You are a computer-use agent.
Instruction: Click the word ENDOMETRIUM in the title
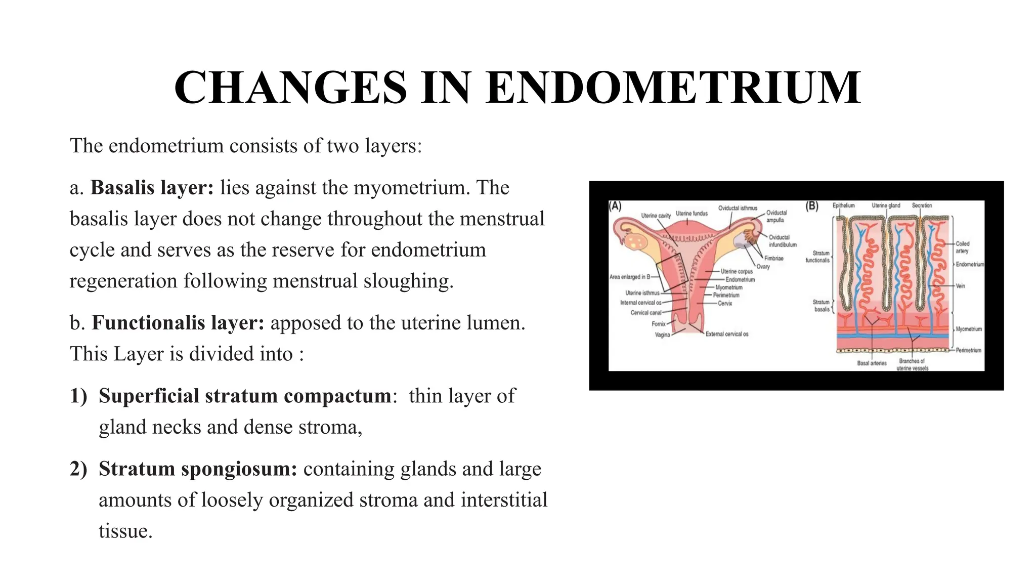[673, 88]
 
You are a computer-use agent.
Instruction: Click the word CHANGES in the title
[290, 88]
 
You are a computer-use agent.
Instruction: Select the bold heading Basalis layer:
[152, 188]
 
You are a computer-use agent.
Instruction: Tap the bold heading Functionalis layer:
[178, 323]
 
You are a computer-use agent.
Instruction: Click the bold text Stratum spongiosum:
[198, 469]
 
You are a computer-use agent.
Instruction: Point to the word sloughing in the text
[409, 281]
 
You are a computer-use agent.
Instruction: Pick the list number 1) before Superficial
[78, 396]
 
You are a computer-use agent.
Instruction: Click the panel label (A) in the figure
[615, 206]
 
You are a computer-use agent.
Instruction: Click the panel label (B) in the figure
[811, 206]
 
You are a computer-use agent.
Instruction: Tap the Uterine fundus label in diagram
[692, 214]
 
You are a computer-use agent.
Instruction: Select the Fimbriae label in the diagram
[773, 259]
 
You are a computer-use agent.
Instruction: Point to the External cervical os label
[726, 334]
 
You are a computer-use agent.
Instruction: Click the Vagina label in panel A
[662, 335]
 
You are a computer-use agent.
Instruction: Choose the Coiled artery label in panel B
[962, 247]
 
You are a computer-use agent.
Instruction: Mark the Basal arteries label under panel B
[872, 363]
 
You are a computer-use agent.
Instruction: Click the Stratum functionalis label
[817, 257]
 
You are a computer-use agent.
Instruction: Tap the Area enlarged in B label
[630, 277]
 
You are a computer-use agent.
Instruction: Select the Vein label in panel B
[960, 286]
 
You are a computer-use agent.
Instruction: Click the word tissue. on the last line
[125, 531]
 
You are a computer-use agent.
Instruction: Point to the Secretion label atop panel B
[922, 205]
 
